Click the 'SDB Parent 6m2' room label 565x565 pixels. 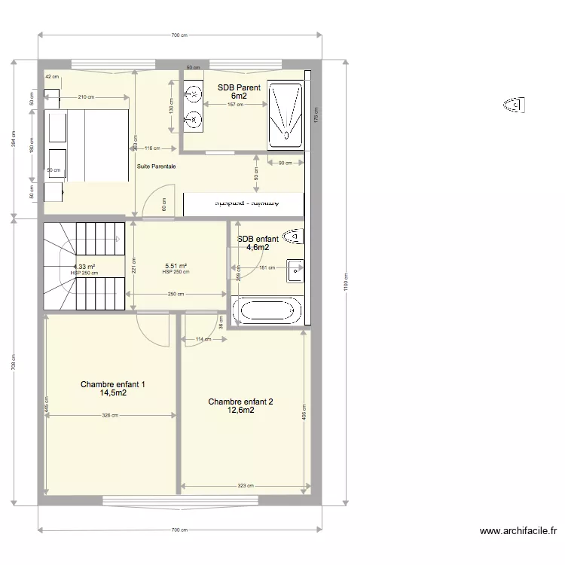coord(239,92)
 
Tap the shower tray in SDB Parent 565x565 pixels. coord(286,115)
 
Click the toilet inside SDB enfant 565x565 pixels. coord(294,236)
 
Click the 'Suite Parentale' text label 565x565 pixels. coord(157,166)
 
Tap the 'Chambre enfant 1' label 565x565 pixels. coord(113,389)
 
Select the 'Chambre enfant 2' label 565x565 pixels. coord(241,406)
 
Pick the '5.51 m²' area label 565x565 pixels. coord(176,266)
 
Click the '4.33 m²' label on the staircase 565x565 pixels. coord(84,267)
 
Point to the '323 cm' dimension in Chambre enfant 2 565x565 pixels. coord(246,486)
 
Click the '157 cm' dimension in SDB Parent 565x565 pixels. coord(235,105)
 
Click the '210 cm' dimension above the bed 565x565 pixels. coord(87,96)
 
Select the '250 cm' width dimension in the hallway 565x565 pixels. coord(176,295)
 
